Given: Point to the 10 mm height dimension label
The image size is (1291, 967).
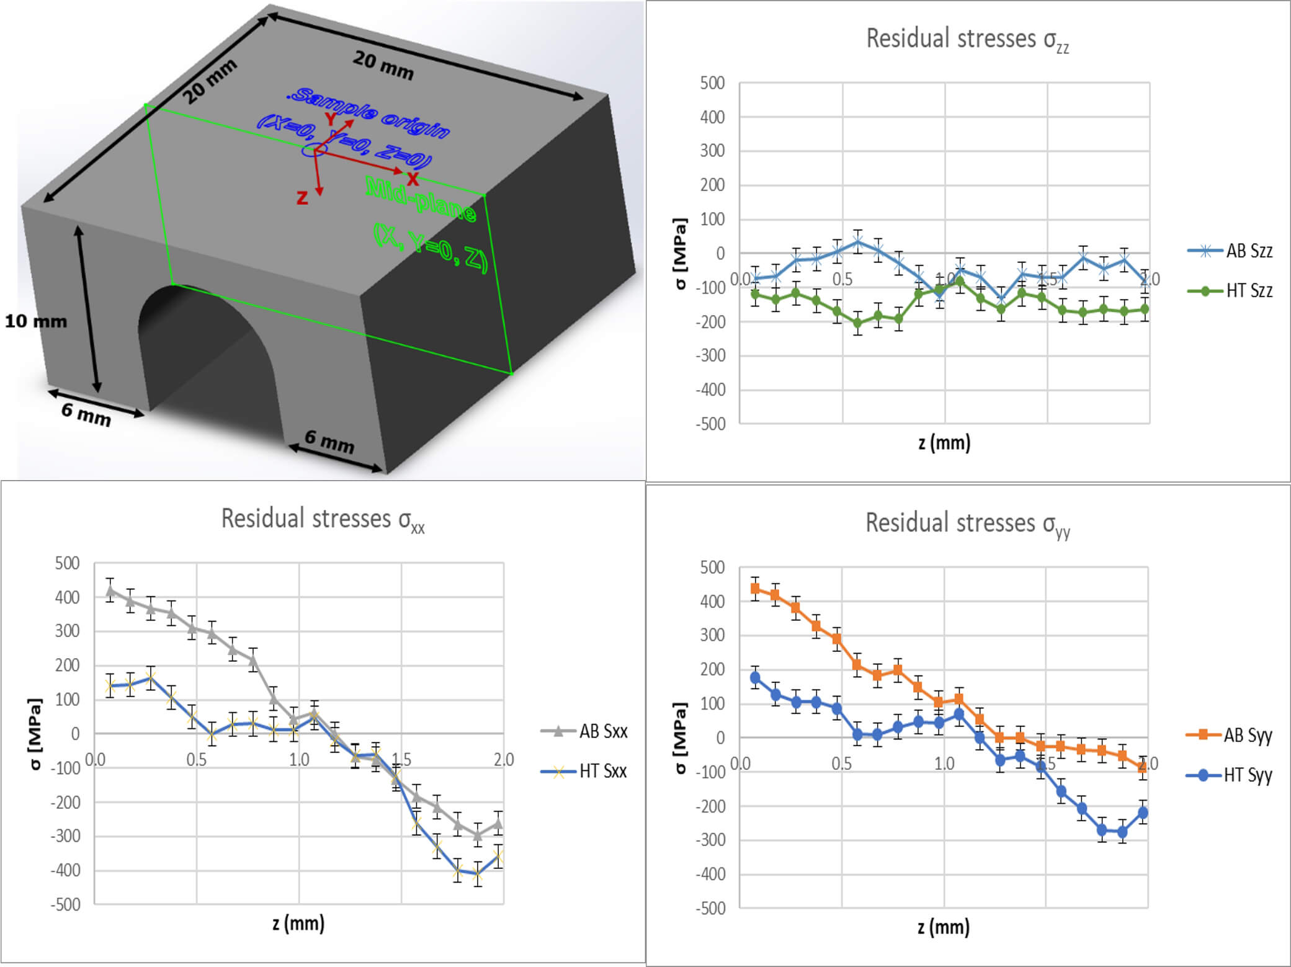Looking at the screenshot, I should [35, 321].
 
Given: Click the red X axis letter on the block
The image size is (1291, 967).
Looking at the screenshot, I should [413, 180].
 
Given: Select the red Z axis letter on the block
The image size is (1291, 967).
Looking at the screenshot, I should [302, 198].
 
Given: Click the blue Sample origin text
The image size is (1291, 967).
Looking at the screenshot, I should [370, 111].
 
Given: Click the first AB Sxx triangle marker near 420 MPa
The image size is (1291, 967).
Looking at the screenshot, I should [110, 590].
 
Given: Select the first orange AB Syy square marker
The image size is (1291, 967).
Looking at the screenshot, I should [755, 588].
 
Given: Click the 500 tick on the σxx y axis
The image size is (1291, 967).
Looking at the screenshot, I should [67, 563].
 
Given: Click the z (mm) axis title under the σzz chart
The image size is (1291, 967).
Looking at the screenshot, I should [944, 443].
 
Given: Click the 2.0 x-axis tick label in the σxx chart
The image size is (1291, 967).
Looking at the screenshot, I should [503, 759].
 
